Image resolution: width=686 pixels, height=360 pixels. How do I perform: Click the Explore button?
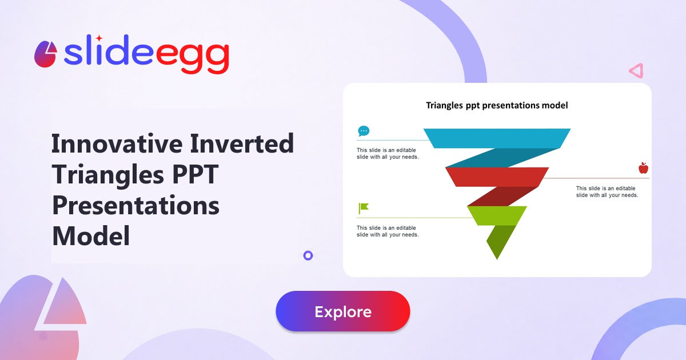(x=342, y=311)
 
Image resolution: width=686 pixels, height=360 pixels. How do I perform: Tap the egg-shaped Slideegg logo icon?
(x=46, y=54)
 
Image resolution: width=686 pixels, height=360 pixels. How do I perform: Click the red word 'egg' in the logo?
(x=192, y=57)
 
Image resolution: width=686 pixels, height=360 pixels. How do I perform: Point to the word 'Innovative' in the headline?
(x=117, y=143)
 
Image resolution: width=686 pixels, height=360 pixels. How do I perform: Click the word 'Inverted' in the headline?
(x=242, y=143)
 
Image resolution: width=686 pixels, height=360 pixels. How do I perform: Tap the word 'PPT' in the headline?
(x=195, y=174)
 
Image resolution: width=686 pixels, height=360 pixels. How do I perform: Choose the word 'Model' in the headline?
(x=91, y=235)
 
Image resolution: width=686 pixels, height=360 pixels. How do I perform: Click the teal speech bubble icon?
(x=364, y=131)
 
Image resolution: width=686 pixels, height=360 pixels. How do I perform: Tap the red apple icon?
(x=643, y=168)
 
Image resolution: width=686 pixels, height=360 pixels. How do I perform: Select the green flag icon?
(x=364, y=209)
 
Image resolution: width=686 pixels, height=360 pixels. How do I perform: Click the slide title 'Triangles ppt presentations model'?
(x=497, y=106)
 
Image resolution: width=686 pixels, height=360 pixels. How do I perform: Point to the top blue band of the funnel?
(x=497, y=138)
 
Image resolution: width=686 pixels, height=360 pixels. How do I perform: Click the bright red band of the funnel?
(x=497, y=177)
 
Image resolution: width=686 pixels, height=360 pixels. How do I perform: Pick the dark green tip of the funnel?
(x=499, y=241)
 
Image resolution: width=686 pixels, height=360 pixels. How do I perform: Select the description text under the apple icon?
(x=607, y=191)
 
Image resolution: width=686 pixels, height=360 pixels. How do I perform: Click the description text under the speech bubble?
(x=388, y=153)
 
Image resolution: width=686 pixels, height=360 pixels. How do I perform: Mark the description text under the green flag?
(x=388, y=231)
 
